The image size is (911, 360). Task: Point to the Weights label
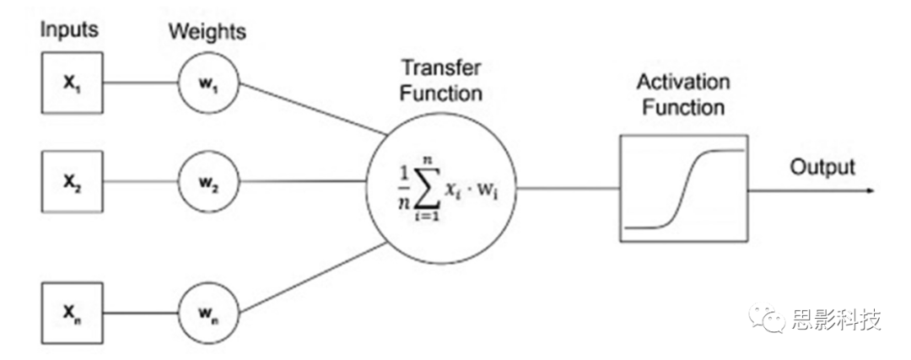pyautogui.click(x=208, y=32)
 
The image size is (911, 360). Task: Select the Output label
pyautogui.click(x=822, y=167)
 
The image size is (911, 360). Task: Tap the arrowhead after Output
pyautogui.click(x=868, y=190)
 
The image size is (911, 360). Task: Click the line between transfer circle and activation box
pyautogui.click(x=565, y=190)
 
